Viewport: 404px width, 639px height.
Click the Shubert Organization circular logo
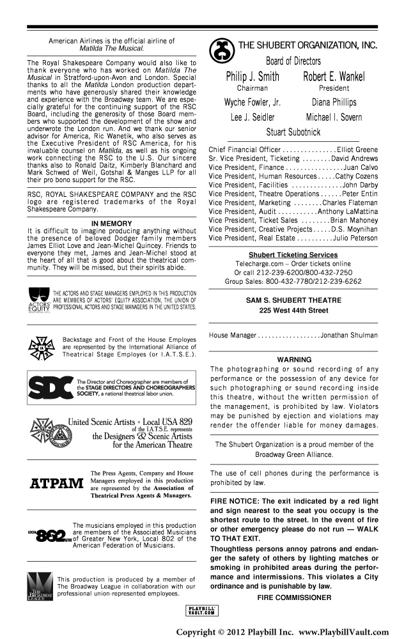click(x=223, y=49)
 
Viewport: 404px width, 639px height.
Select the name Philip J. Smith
click(x=252, y=77)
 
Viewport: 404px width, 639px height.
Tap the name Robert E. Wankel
click(x=334, y=77)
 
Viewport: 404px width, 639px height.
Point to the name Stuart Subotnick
click(x=293, y=133)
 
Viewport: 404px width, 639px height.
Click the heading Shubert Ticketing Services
click(x=293, y=255)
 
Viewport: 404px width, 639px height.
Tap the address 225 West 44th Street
click(x=293, y=311)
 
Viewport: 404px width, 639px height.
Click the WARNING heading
click(x=293, y=360)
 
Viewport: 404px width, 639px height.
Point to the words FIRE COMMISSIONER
click(x=293, y=597)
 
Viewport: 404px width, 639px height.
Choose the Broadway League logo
click(x=39, y=585)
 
